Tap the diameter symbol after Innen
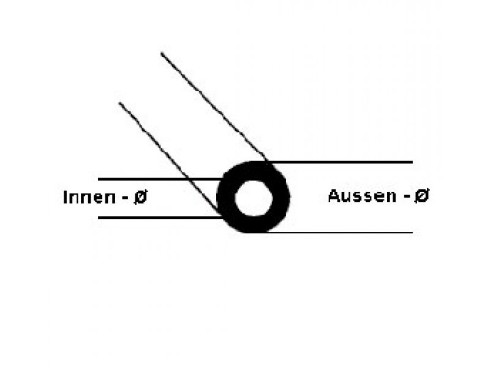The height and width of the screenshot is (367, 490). coord(140,198)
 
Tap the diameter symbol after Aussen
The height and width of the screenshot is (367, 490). coord(421,196)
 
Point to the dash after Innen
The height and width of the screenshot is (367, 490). coord(124,198)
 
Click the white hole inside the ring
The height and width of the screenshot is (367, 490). coord(253,198)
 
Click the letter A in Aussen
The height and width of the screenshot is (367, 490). coord(334,196)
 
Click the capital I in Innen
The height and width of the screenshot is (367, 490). coord(66,198)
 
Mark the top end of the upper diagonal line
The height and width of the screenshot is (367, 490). coord(162,54)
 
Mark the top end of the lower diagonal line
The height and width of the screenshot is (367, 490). coord(119,103)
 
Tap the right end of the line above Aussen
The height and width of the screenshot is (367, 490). coord(412,162)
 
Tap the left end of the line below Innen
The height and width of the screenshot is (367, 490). coord(99,217)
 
